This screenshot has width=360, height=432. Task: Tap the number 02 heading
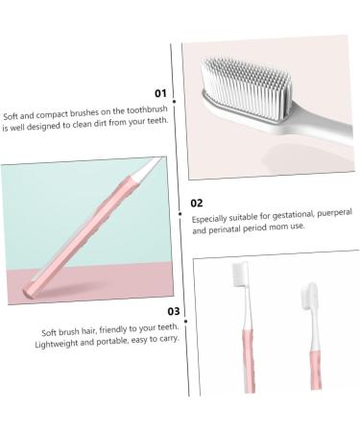tap(197, 203)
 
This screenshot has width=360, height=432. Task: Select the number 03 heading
tap(174, 310)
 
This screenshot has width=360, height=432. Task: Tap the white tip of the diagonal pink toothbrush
tap(143, 176)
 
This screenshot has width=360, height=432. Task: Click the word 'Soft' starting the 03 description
tap(50, 329)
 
